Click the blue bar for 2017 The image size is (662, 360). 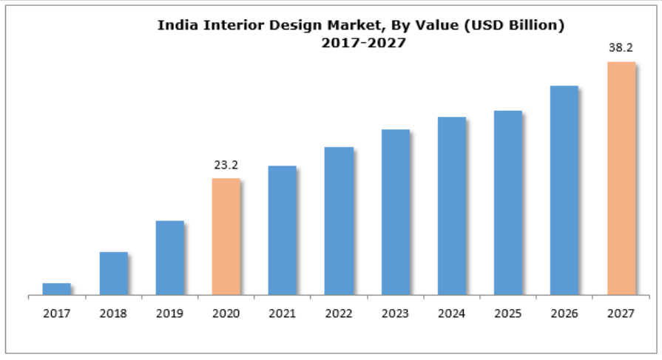pyautogui.click(x=56, y=289)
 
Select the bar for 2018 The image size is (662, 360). pyautogui.click(x=113, y=274)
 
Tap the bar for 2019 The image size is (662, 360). pyautogui.click(x=169, y=258)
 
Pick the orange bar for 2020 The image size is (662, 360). pyautogui.click(x=226, y=237)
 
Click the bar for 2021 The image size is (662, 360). pyautogui.click(x=282, y=231)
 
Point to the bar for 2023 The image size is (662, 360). pyautogui.click(x=395, y=212)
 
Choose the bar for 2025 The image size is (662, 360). pyautogui.click(x=508, y=203)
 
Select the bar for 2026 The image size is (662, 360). pyautogui.click(x=564, y=191)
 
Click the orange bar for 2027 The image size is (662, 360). pyautogui.click(x=621, y=178)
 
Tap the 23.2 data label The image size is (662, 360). pyautogui.click(x=226, y=165)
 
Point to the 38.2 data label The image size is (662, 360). pyautogui.click(x=621, y=48)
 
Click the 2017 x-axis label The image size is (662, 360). pyautogui.click(x=56, y=313)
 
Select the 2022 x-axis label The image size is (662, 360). pyautogui.click(x=339, y=313)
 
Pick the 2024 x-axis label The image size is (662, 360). pyautogui.click(x=451, y=313)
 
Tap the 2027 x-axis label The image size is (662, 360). pyautogui.click(x=621, y=313)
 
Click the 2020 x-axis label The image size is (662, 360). pyautogui.click(x=226, y=313)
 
